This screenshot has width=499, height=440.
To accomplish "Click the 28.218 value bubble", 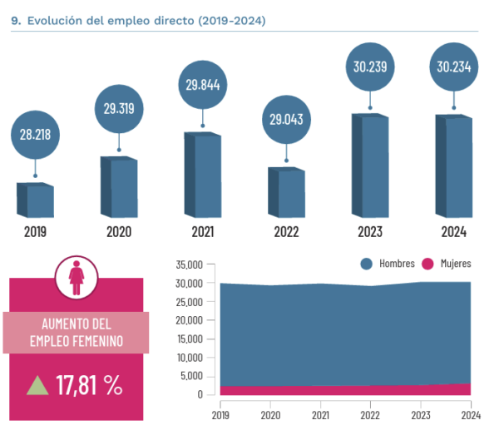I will tap(35, 136).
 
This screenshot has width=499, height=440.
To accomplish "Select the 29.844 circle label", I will tap(203, 85).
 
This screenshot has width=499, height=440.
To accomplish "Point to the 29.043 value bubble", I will tap(286, 121).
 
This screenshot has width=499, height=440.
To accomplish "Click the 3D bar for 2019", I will tap(35, 200).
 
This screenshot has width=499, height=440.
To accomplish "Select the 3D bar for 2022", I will tap(286, 193).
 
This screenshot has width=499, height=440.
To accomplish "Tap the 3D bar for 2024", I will tap(454, 166).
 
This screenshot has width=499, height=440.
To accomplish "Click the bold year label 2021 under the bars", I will tap(203, 232).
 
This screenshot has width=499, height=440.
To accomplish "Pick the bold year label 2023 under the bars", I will tap(370, 232).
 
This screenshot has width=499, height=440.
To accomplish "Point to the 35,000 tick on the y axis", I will tap(190, 265).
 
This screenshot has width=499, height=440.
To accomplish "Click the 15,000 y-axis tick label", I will tap(190, 339).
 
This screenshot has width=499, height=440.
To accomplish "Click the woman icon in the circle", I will tap(77, 278).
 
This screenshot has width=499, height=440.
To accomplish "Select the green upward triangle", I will tap(37, 385).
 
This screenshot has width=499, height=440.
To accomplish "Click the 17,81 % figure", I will tap(90, 385).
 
